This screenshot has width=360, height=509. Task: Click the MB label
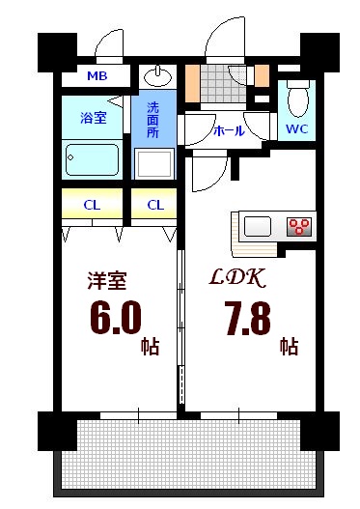pyautogui.click(x=97, y=76)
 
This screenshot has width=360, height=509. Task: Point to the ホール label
pyautogui.click(x=228, y=129)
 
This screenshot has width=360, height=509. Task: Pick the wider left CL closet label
pyautogui.click(x=93, y=204)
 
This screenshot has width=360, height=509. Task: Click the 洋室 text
pyautogui.click(x=106, y=280)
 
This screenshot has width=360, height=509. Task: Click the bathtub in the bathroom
pyautogui.click(x=93, y=157)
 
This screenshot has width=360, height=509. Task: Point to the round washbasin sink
pyautogui.click(x=156, y=75)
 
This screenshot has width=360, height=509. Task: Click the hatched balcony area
pyautogui.click(x=193, y=454)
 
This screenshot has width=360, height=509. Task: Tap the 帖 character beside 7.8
pyautogui.click(x=289, y=345)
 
